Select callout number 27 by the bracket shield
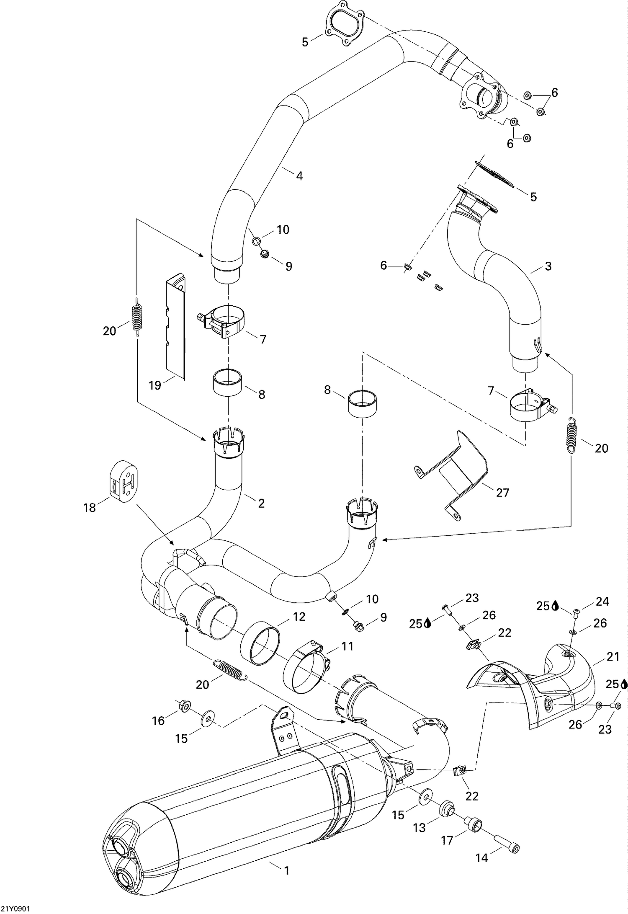pyautogui.click(x=502, y=492)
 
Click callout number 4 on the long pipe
pyautogui.click(x=299, y=176)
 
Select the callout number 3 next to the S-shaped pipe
pyautogui.click(x=548, y=266)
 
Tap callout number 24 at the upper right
pyautogui.click(x=602, y=602)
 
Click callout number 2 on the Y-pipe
pyautogui.click(x=261, y=503)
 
